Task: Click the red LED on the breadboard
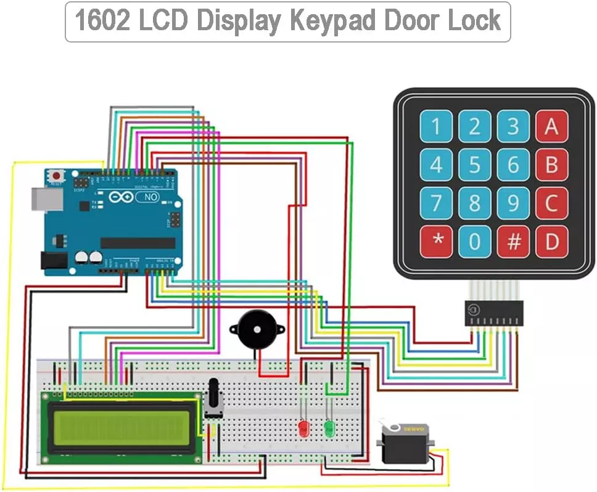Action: [303, 428]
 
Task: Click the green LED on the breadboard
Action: [329, 427]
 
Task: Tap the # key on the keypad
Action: [513, 242]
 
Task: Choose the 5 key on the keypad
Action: [474, 165]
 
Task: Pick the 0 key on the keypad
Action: [474, 242]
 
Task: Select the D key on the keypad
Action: [551, 242]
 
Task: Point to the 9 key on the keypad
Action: [513, 203]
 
